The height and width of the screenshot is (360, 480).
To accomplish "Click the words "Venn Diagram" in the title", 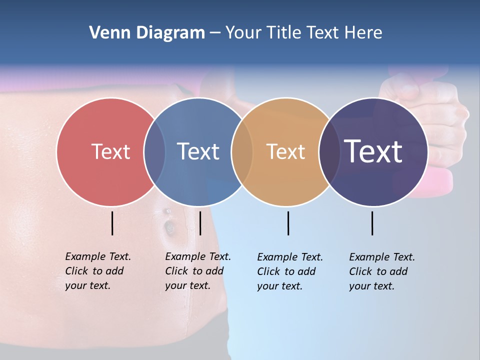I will point(147,33).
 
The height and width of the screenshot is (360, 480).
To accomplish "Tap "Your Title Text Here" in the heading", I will point(303,33).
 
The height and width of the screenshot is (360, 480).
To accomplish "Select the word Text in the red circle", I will point(110,151).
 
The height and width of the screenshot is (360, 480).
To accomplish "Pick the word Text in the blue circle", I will point(198,151).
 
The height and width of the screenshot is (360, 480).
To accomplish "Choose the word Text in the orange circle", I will point(285,151).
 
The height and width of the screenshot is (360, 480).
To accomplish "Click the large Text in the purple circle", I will point(373,151).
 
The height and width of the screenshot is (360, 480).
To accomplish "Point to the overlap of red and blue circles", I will point(154,152).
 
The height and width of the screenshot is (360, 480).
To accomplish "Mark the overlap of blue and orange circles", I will point(242,152).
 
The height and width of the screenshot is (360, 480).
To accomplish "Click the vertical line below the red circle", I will point(112,223).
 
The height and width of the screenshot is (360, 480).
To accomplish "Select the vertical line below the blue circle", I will point(200,223).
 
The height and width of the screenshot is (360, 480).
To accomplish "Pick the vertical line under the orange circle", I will point(288,223).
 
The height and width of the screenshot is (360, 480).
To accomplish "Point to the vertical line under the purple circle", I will point(372,223).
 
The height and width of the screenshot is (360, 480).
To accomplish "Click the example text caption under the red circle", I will point(98,271).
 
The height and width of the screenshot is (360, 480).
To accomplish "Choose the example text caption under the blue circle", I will point(198,271).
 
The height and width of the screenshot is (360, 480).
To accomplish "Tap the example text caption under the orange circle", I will point(290,271).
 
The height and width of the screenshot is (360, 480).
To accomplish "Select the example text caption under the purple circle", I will point(382,271).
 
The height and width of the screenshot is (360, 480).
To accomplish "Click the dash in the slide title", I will point(215,33).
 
